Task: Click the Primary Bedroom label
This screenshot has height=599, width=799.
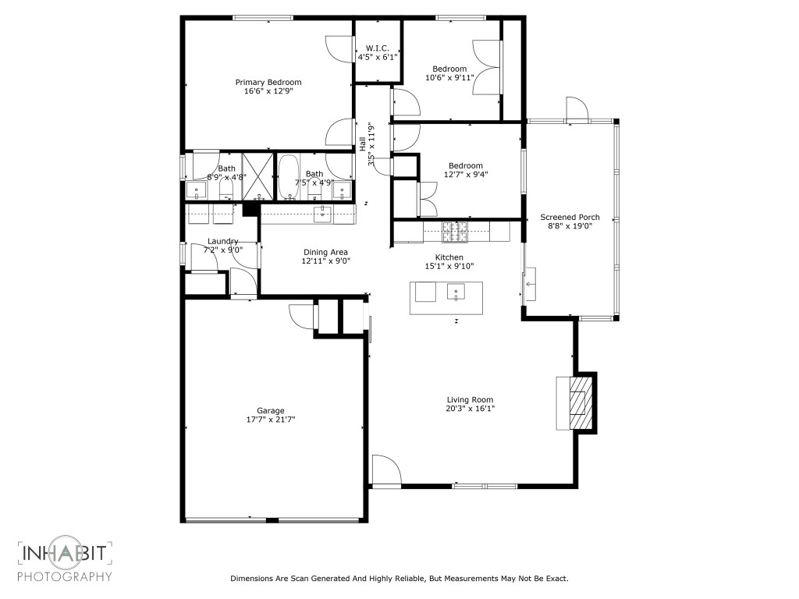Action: click(x=268, y=82)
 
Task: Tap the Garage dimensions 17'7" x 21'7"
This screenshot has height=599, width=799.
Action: click(x=271, y=420)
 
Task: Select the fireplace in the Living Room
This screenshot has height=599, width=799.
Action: click(x=577, y=402)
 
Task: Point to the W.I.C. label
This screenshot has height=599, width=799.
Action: click(x=378, y=48)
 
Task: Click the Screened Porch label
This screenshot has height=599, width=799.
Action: click(x=570, y=218)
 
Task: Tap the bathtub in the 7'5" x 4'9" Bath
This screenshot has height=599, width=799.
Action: click(x=288, y=179)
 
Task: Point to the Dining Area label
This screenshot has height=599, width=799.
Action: click(x=325, y=252)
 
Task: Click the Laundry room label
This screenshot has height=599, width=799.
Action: click(x=222, y=241)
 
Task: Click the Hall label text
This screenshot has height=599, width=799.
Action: click(x=363, y=144)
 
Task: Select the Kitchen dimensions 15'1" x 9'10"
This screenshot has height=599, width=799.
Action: click(x=449, y=266)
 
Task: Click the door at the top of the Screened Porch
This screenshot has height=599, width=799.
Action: click(x=576, y=109)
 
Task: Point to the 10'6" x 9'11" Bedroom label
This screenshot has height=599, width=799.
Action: click(x=449, y=69)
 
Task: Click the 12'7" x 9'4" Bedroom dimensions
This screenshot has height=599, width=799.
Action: click(x=465, y=175)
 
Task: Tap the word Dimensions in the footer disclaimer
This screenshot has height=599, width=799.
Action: click(x=250, y=579)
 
